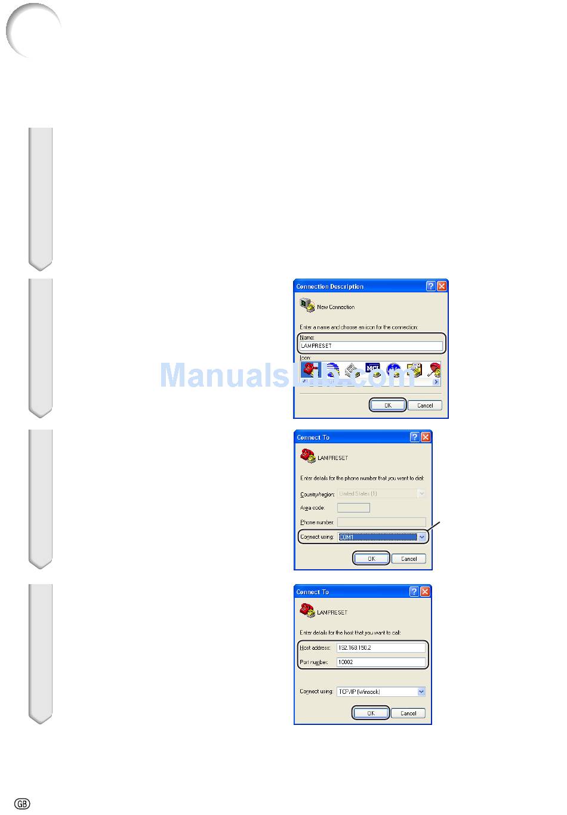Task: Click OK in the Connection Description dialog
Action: pos(388,405)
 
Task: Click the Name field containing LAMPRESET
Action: pos(371,346)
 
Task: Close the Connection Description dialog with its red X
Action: pos(442,286)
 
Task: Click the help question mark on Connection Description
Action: pos(431,286)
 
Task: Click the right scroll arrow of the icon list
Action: pos(437,382)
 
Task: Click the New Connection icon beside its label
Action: pos(307,306)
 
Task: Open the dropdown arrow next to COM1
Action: pos(422,537)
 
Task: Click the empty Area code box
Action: pos(353,508)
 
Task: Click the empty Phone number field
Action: pos(381,522)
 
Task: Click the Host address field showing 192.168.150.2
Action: pos(381,647)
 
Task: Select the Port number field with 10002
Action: pos(381,662)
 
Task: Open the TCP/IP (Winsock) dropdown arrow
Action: pos(421,692)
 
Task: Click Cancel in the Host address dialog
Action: pos(408,713)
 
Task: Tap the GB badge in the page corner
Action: pos(22,804)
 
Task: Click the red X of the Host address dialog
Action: pos(425,592)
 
